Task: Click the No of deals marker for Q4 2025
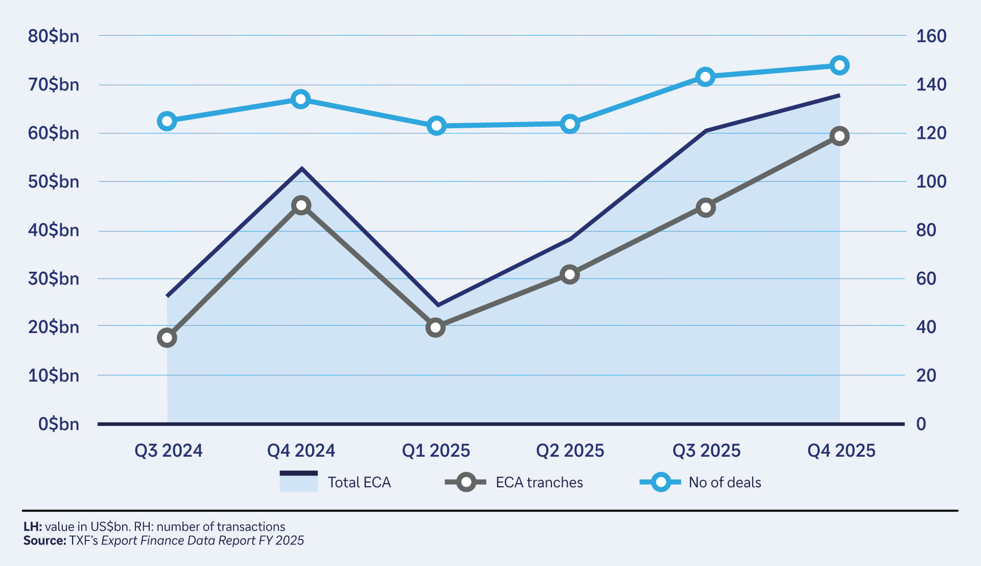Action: (839, 65)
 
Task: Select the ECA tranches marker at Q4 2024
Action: (301, 205)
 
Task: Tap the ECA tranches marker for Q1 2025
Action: (435, 327)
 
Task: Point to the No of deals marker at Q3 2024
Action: (167, 121)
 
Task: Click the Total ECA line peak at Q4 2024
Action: (302, 169)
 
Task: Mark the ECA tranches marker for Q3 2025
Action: (706, 207)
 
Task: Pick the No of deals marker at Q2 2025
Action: (570, 124)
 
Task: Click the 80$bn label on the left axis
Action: (54, 36)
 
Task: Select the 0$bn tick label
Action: (59, 424)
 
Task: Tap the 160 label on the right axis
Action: (931, 36)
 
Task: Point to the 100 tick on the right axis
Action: (931, 181)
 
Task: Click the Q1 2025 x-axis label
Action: (436, 451)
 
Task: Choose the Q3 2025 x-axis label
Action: (706, 451)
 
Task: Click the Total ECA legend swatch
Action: (298, 481)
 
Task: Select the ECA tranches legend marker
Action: (465, 482)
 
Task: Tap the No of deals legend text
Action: (725, 482)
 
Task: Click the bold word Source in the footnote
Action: (44, 540)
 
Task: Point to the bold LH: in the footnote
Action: (33, 527)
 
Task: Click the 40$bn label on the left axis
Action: (54, 230)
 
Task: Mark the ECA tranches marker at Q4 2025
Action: (839, 136)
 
